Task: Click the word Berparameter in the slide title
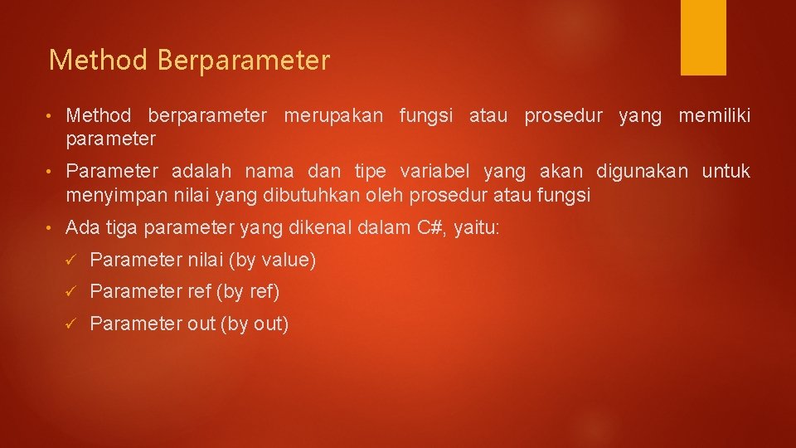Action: [x=243, y=61]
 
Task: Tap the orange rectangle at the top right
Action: [x=703, y=37]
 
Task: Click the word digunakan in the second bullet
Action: [x=642, y=173]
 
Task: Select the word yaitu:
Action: [x=476, y=227]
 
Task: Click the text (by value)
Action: [x=272, y=261]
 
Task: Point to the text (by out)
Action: [x=255, y=324]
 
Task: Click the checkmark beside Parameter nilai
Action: [x=71, y=261]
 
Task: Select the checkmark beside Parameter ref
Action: [x=71, y=292]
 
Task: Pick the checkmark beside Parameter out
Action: [x=71, y=324]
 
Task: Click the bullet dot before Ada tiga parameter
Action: [x=51, y=227]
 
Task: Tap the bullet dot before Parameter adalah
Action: [x=51, y=173]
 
